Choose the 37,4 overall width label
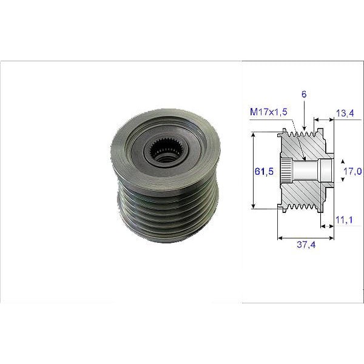[x=306, y=246]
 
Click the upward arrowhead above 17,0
[x=343, y=162]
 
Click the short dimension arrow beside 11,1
[x=328, y=226]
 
